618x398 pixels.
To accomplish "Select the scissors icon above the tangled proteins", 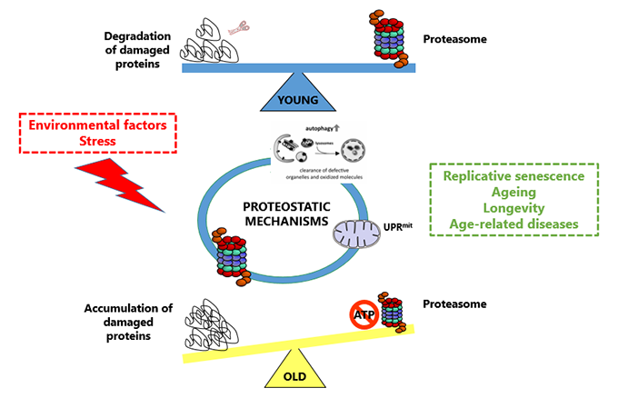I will point(238,29).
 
